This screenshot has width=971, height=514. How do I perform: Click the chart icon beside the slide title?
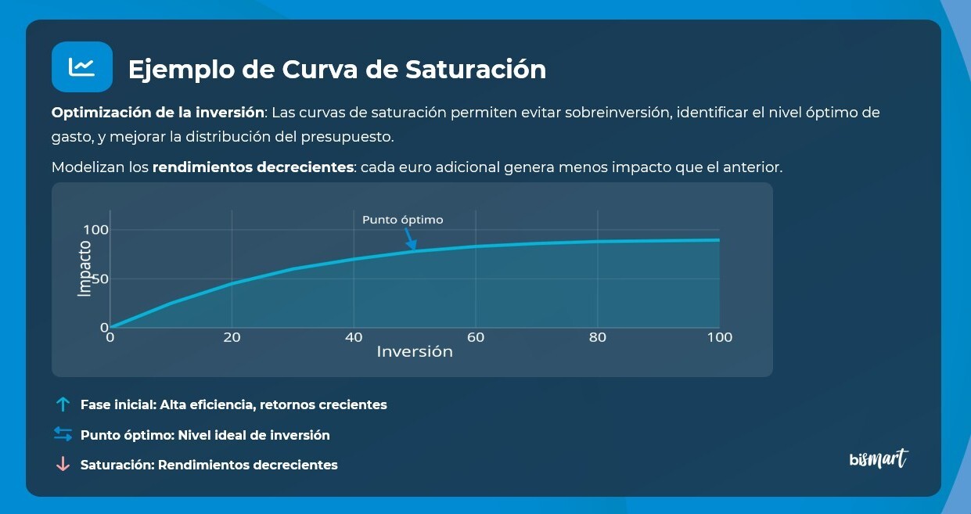pyautogui.click(x=81, y=67)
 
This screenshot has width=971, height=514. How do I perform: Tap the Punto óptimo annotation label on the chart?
pyautogui.click(x=402, y=220)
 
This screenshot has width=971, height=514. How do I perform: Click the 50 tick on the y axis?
pyautogui.click(x=100, y=279)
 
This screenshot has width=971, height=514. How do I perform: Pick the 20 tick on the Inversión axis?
pyautogui.click(x=232, y=338)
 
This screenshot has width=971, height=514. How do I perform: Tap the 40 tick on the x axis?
pyautogui.click(x=354, y=338)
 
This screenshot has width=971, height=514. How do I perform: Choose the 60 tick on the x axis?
pyautogui.click(x=476, y=338)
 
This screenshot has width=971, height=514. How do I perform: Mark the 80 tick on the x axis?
pyautogui.click(x=598, y=338)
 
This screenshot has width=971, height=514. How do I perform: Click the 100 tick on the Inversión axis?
pyautogui.click(x=720, y=338)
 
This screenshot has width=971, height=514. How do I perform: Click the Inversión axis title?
pyautogui.click(x=415, y=352)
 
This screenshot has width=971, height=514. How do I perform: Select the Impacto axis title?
pyautogui.click(x=85, y=268)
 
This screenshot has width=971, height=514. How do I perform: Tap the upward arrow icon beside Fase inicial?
pyautogui.click(x=63, y=404)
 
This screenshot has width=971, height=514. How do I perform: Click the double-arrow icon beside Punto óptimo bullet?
pyautogui.click(x=63, y=434)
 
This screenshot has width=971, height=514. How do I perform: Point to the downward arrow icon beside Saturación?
pyautogui.click(x=63, y=464)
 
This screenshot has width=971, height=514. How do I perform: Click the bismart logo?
pyautogui.click(x=879, y=458)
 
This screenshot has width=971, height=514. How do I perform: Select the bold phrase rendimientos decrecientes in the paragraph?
pyautogui.click(x=254, y=167)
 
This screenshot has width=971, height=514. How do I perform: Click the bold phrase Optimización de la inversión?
pyautogui.click(x=159, y=113)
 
